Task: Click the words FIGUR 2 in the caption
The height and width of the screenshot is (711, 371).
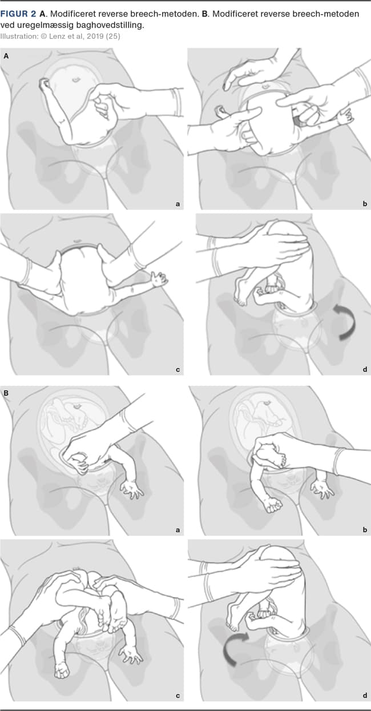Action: (x=18, y=14)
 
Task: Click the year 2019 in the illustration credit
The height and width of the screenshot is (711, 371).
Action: (x=95, y=36)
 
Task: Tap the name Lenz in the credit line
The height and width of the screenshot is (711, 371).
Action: (x=57, y=36)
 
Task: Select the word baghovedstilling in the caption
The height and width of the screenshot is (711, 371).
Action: (x=110, y=25)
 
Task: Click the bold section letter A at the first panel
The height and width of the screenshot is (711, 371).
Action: (x=6, y=57)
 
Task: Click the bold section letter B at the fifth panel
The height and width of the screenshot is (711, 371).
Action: (x=6, y=394)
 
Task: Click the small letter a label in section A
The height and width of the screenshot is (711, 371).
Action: (x=178, y=204)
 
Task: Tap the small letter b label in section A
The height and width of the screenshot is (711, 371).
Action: (x=365, y=204)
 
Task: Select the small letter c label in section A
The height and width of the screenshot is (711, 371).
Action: (x=178, y=370)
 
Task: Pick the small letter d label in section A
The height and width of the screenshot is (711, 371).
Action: (x=365, y=369)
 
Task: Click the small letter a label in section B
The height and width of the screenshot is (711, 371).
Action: (x=178, y=530)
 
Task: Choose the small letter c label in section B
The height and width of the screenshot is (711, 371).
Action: (x=178, y=696)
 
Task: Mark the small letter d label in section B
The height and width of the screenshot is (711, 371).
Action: (x=365, y=695)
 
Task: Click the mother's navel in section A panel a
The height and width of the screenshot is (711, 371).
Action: (x=76, y=79)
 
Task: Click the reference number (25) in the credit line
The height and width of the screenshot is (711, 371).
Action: (x=113, y=36)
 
